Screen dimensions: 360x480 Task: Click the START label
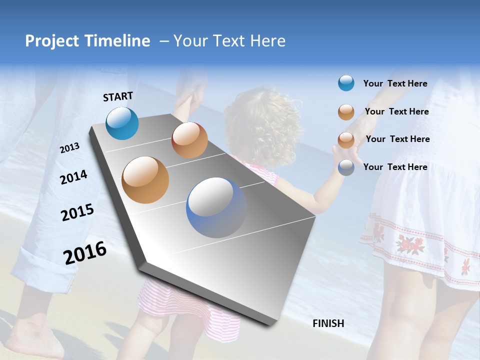coord(118,96)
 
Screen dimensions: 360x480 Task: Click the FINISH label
coord(328,323)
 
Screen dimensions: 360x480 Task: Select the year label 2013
coord(69,148)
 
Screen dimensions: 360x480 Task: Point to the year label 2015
coord(77,212)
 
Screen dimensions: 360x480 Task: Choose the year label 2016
coord(85,252)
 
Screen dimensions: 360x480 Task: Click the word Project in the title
coord(52,41)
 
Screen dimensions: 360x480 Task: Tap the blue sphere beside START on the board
coord(122,123)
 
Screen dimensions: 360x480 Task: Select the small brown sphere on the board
coord(189,140)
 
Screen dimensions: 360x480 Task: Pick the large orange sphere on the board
coord(145,180)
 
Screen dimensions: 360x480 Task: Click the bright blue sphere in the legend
coord(346,83)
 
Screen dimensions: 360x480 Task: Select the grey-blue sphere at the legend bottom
coord(346,167)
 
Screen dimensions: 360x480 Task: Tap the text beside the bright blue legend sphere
coord(395,83)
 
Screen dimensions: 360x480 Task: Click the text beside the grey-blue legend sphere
coord(395,167)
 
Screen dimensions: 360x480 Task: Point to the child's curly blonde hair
coord(260,125)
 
